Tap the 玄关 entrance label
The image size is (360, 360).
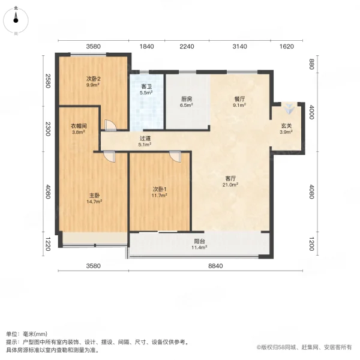click(287, 125)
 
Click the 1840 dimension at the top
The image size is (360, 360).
click(147, 46)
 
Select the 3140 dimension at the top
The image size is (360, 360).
click(239, 46)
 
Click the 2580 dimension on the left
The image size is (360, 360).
click(47, 80)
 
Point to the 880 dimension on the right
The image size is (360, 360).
click(311, 64)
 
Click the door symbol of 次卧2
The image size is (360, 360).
click(110, 125)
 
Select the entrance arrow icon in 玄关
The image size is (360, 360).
click(290, 110)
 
